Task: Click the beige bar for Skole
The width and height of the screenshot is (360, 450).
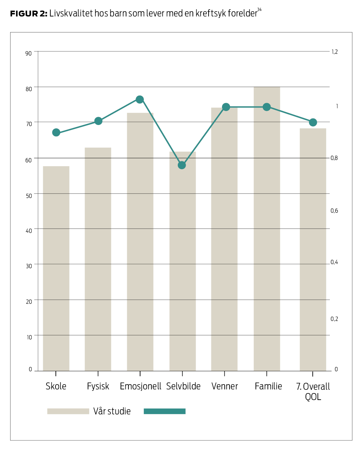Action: (56, 268)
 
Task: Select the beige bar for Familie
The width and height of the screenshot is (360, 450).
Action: (267, 229)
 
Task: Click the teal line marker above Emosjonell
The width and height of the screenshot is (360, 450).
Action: (140, 100)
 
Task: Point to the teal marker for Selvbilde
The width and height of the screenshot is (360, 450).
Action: (182, 165)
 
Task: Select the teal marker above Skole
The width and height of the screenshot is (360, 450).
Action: (56, 133)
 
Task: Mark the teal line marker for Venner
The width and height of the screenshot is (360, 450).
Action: (226, 107)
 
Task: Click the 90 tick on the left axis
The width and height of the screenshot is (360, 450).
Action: (28, 53)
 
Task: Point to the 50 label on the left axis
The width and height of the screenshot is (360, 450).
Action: (28, 196)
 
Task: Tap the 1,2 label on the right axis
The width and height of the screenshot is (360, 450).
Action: (334, 52)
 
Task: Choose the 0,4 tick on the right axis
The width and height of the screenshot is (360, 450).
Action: (334, 262)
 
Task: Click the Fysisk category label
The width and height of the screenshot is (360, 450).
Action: (98, 386)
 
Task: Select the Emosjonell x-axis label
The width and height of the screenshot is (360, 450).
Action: (140, 386)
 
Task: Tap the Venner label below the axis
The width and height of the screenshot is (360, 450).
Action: (225, 386)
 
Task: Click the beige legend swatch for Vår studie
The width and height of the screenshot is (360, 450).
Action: (68, 411)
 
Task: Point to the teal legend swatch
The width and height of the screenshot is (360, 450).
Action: (164, 411)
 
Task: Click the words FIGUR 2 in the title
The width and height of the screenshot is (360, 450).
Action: (28, 14)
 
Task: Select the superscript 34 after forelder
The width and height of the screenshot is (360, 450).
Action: (259, 10)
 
